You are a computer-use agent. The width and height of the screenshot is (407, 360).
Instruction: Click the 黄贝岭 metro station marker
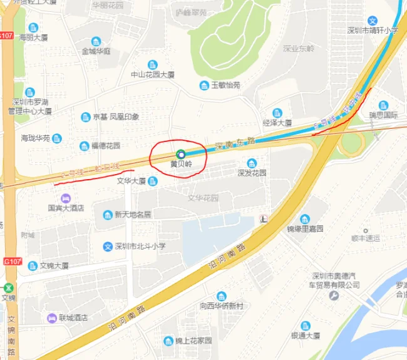tap(181, 153)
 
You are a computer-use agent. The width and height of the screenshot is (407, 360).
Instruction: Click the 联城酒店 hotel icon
tap(51, 317)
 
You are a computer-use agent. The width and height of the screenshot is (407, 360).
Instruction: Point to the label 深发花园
tap(252, 173)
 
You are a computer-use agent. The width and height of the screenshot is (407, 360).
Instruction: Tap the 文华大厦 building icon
tap(153, 181)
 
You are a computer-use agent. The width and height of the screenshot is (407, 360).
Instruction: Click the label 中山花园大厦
tap(152, 75)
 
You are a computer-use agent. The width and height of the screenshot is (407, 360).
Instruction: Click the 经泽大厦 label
tap(277, 123)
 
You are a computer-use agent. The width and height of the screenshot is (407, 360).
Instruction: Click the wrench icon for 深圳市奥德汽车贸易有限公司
tap(334, 296)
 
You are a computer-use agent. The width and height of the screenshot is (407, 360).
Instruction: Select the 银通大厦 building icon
tap(305, 326)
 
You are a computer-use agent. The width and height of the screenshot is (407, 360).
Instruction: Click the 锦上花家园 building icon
tap(168, 341)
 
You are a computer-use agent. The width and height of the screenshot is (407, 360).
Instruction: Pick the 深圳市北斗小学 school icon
tap(108, 247)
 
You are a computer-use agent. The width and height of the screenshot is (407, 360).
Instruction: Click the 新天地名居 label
tap(132, 215)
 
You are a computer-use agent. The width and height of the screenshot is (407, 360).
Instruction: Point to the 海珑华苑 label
tap(35, 138)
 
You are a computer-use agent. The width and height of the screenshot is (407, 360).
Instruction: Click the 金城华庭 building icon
tap(96, 41)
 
